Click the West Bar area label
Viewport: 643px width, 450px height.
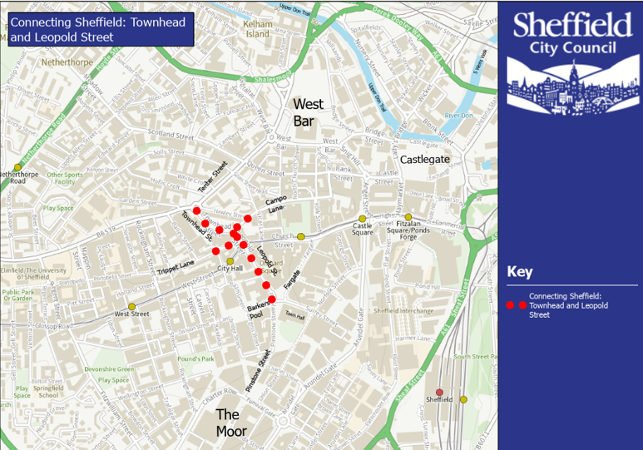(308, 112)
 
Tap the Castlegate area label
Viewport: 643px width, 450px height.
(424, 159)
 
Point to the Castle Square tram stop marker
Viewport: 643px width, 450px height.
(362, 218)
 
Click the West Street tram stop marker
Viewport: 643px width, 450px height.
(131, 306)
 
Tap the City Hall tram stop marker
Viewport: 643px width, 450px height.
(230, 261)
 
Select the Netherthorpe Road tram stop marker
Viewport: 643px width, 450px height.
(17, 167)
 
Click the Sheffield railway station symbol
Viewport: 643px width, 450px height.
(439, 392)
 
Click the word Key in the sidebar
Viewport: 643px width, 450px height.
(520, 272)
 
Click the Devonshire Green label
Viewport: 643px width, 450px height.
(109, 368)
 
